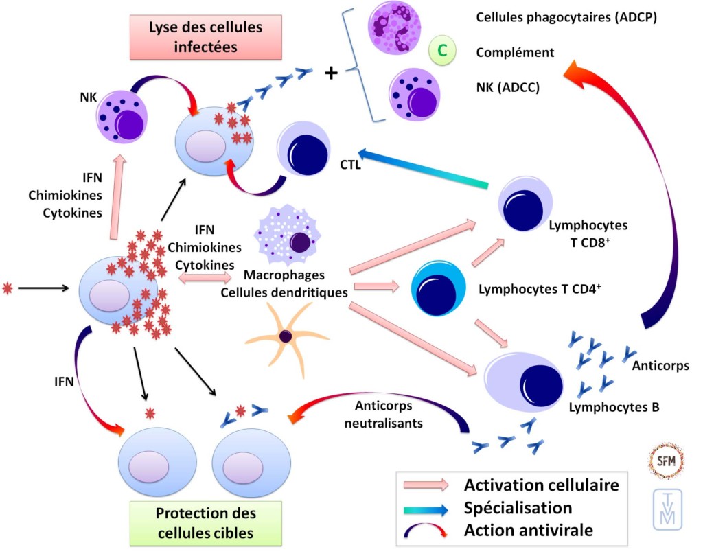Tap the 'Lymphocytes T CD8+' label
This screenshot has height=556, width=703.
588,231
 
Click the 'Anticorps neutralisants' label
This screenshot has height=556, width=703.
389,414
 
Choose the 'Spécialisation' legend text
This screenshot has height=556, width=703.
518,509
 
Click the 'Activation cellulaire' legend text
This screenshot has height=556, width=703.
542,485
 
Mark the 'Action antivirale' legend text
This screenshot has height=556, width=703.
528,531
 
